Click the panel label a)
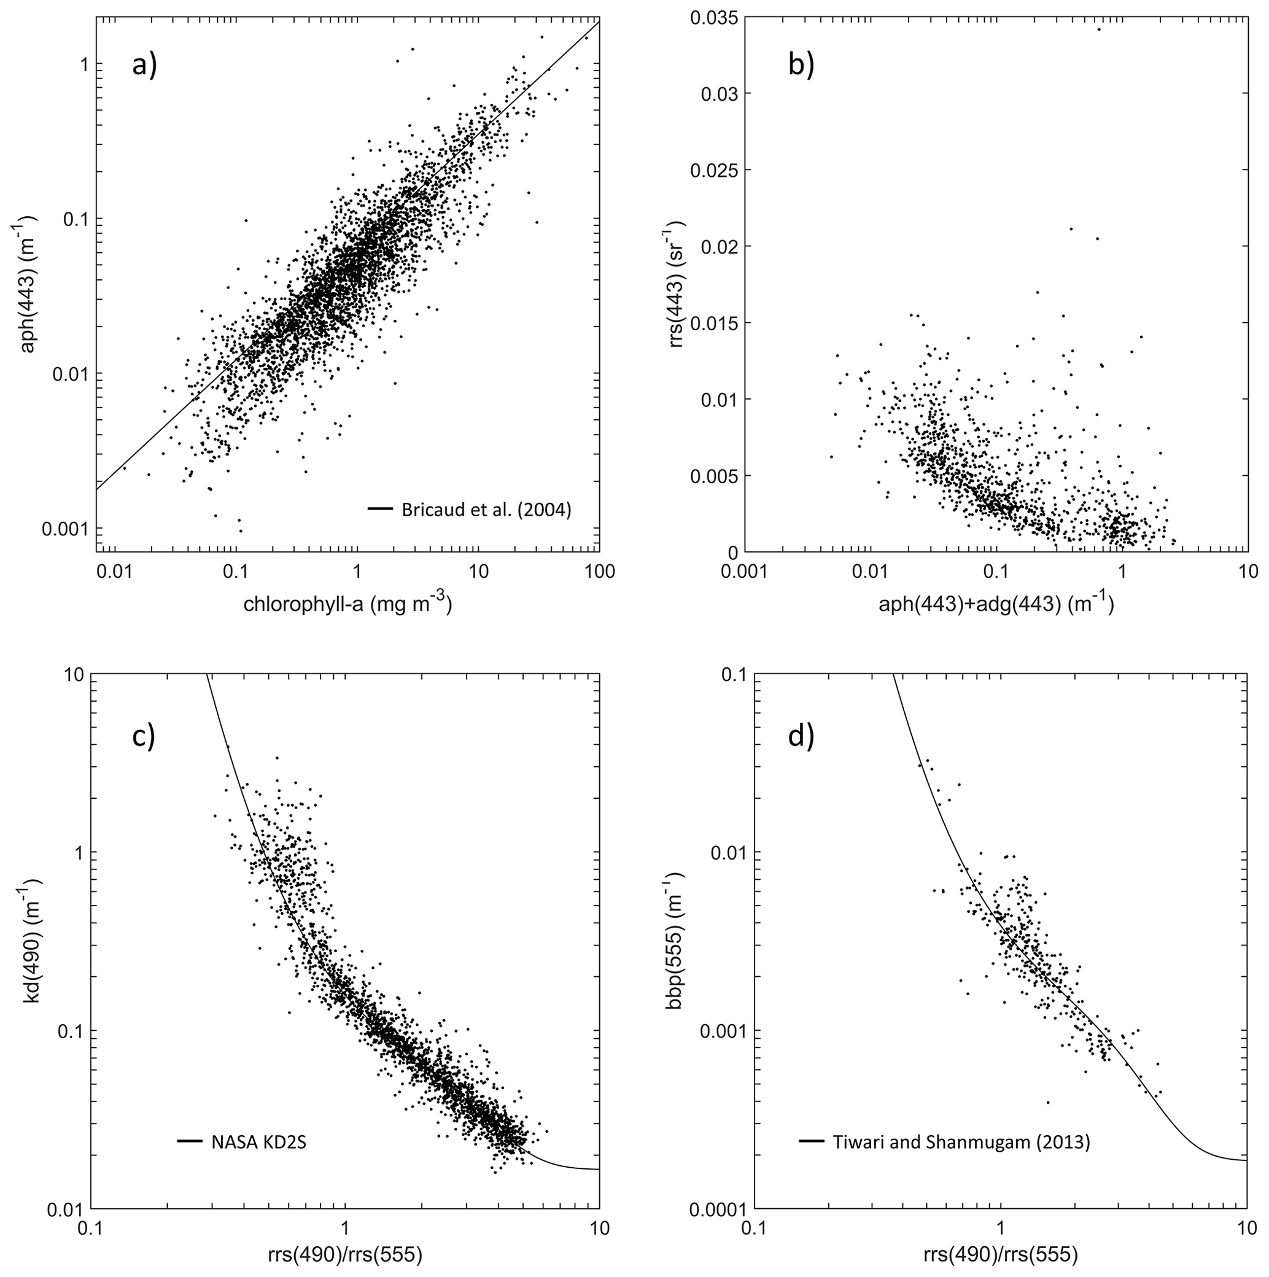144,66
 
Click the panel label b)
801,66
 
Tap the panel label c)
144,736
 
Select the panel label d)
801,736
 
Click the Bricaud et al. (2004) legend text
486,510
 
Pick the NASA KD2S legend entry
258,1141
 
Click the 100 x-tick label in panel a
599,571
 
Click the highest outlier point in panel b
1099,29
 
